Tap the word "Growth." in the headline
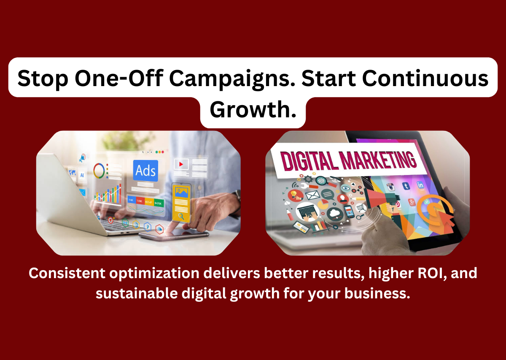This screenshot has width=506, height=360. pyautogui.click(x=252, y=109)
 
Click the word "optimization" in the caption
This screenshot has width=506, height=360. pyautogui.click(x=148, y=273)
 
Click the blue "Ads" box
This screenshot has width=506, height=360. pyautogui.click(x=145, y=171)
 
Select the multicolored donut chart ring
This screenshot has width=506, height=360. pyautogui.click(x=100, y=170)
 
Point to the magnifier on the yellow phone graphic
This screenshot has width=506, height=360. pyautogui.click(x=182, y=217)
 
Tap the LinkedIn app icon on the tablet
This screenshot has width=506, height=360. pyautogui.click(x=420, y=185)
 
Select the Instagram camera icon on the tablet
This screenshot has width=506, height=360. pyautogui.click(x=391, y=187)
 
